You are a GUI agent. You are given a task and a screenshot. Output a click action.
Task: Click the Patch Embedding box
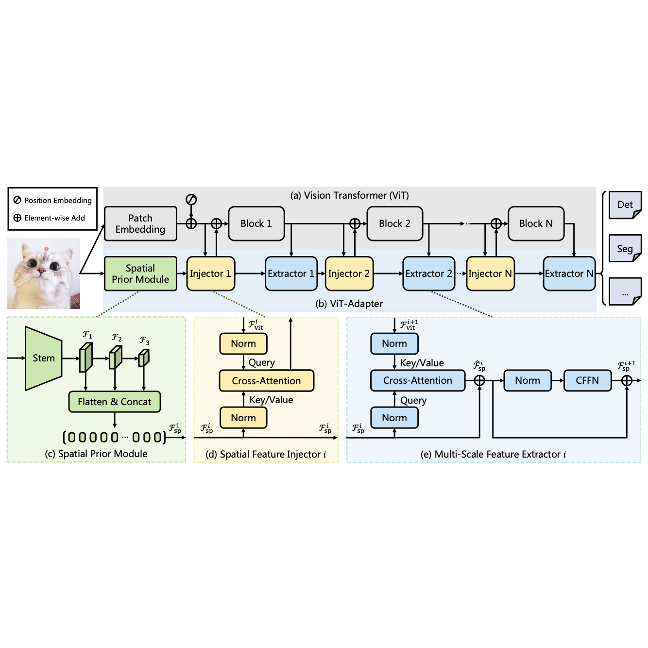coord(140,224)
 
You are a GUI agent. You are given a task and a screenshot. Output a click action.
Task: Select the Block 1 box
coord(256,224)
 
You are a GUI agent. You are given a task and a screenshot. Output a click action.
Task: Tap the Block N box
coord(536,224)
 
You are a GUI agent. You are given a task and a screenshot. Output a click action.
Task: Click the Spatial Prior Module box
coord(140,274)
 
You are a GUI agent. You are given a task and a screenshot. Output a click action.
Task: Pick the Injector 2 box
coord(349,274)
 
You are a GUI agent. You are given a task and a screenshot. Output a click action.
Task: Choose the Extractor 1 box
coord(291,274)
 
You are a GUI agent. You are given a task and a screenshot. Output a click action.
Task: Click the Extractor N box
coord(569,274)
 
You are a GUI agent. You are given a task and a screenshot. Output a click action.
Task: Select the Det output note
coord(625,205)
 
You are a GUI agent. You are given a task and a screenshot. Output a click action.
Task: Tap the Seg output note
coord(625,249)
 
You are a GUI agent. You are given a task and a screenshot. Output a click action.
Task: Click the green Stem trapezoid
coord(43,358)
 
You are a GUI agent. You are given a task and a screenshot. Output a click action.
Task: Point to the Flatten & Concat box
coord(114,402)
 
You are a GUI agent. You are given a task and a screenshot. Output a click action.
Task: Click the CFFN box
coord(587,380)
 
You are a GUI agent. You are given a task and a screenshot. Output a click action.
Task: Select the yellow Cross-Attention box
coord(266,381)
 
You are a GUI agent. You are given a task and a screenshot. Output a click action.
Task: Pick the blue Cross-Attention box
coord(417,380)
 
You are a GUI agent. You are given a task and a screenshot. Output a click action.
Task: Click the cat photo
coord(43,273)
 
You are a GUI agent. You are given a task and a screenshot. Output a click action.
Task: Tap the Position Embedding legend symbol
coord(17,200)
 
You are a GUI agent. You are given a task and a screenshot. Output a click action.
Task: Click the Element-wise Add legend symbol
coord(17,218)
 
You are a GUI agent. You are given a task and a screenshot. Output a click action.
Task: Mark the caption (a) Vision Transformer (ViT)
coord(349,195)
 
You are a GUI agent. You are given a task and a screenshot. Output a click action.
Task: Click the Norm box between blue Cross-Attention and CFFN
coord(527,380)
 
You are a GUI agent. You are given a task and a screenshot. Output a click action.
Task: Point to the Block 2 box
coord(394,224)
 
